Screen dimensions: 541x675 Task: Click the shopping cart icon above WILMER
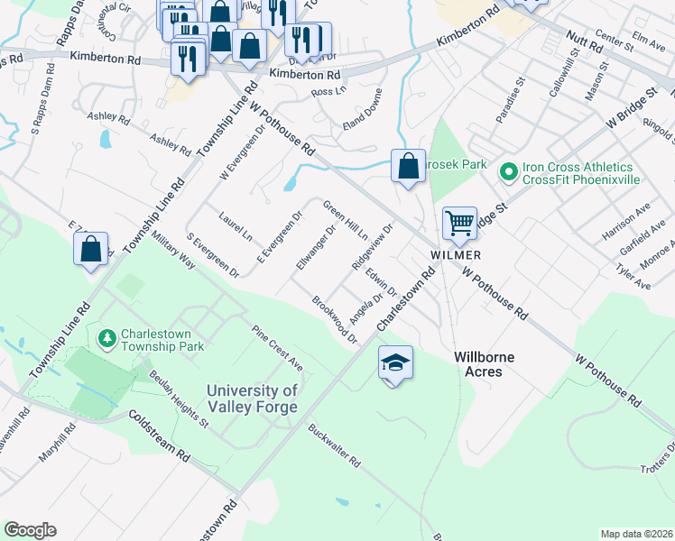pos(460,223)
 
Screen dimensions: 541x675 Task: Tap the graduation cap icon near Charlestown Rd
pos(395,362)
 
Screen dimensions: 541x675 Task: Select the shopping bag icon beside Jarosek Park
pos(408,166)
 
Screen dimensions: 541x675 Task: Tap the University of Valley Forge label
pos(252,399)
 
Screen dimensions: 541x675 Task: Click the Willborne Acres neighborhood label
pos(484,365)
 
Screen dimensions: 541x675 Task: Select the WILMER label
pos(455,255)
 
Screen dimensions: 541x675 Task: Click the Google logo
pos(30,530)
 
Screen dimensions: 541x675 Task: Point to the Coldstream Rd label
pos(159,436)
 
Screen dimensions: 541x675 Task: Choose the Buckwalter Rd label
pos(334,446)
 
